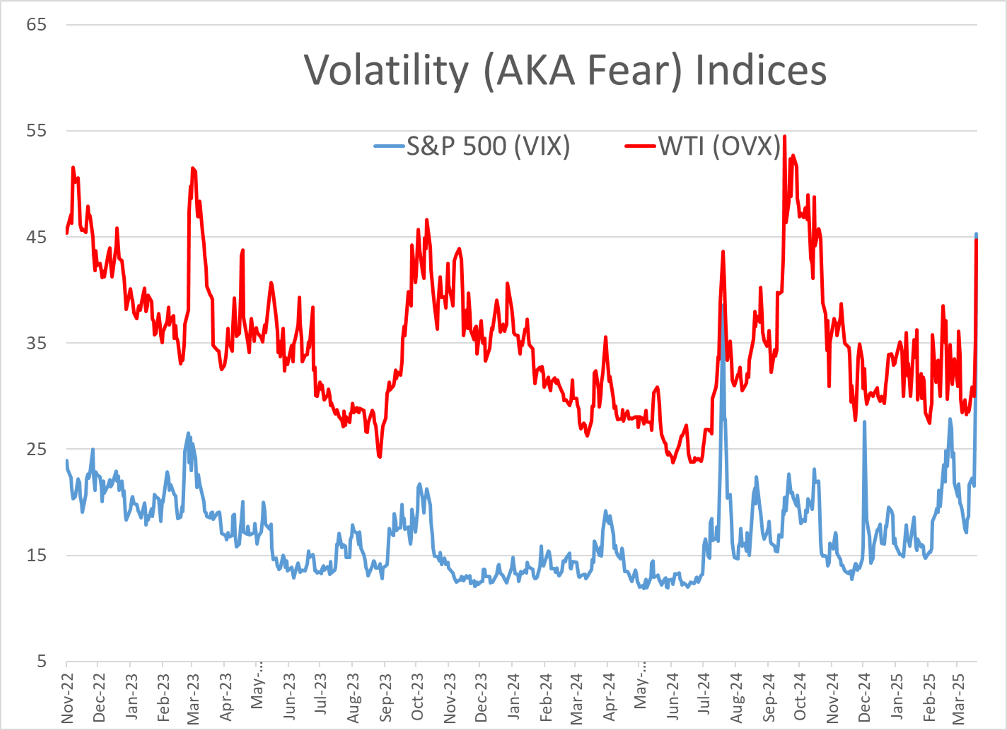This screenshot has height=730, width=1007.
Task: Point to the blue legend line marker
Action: tap(389, 146)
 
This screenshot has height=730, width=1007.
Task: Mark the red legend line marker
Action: tap(640, 146)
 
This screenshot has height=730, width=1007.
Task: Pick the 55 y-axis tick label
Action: tap(36, 131)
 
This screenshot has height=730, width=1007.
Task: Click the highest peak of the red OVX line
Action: tap(785, 137)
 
